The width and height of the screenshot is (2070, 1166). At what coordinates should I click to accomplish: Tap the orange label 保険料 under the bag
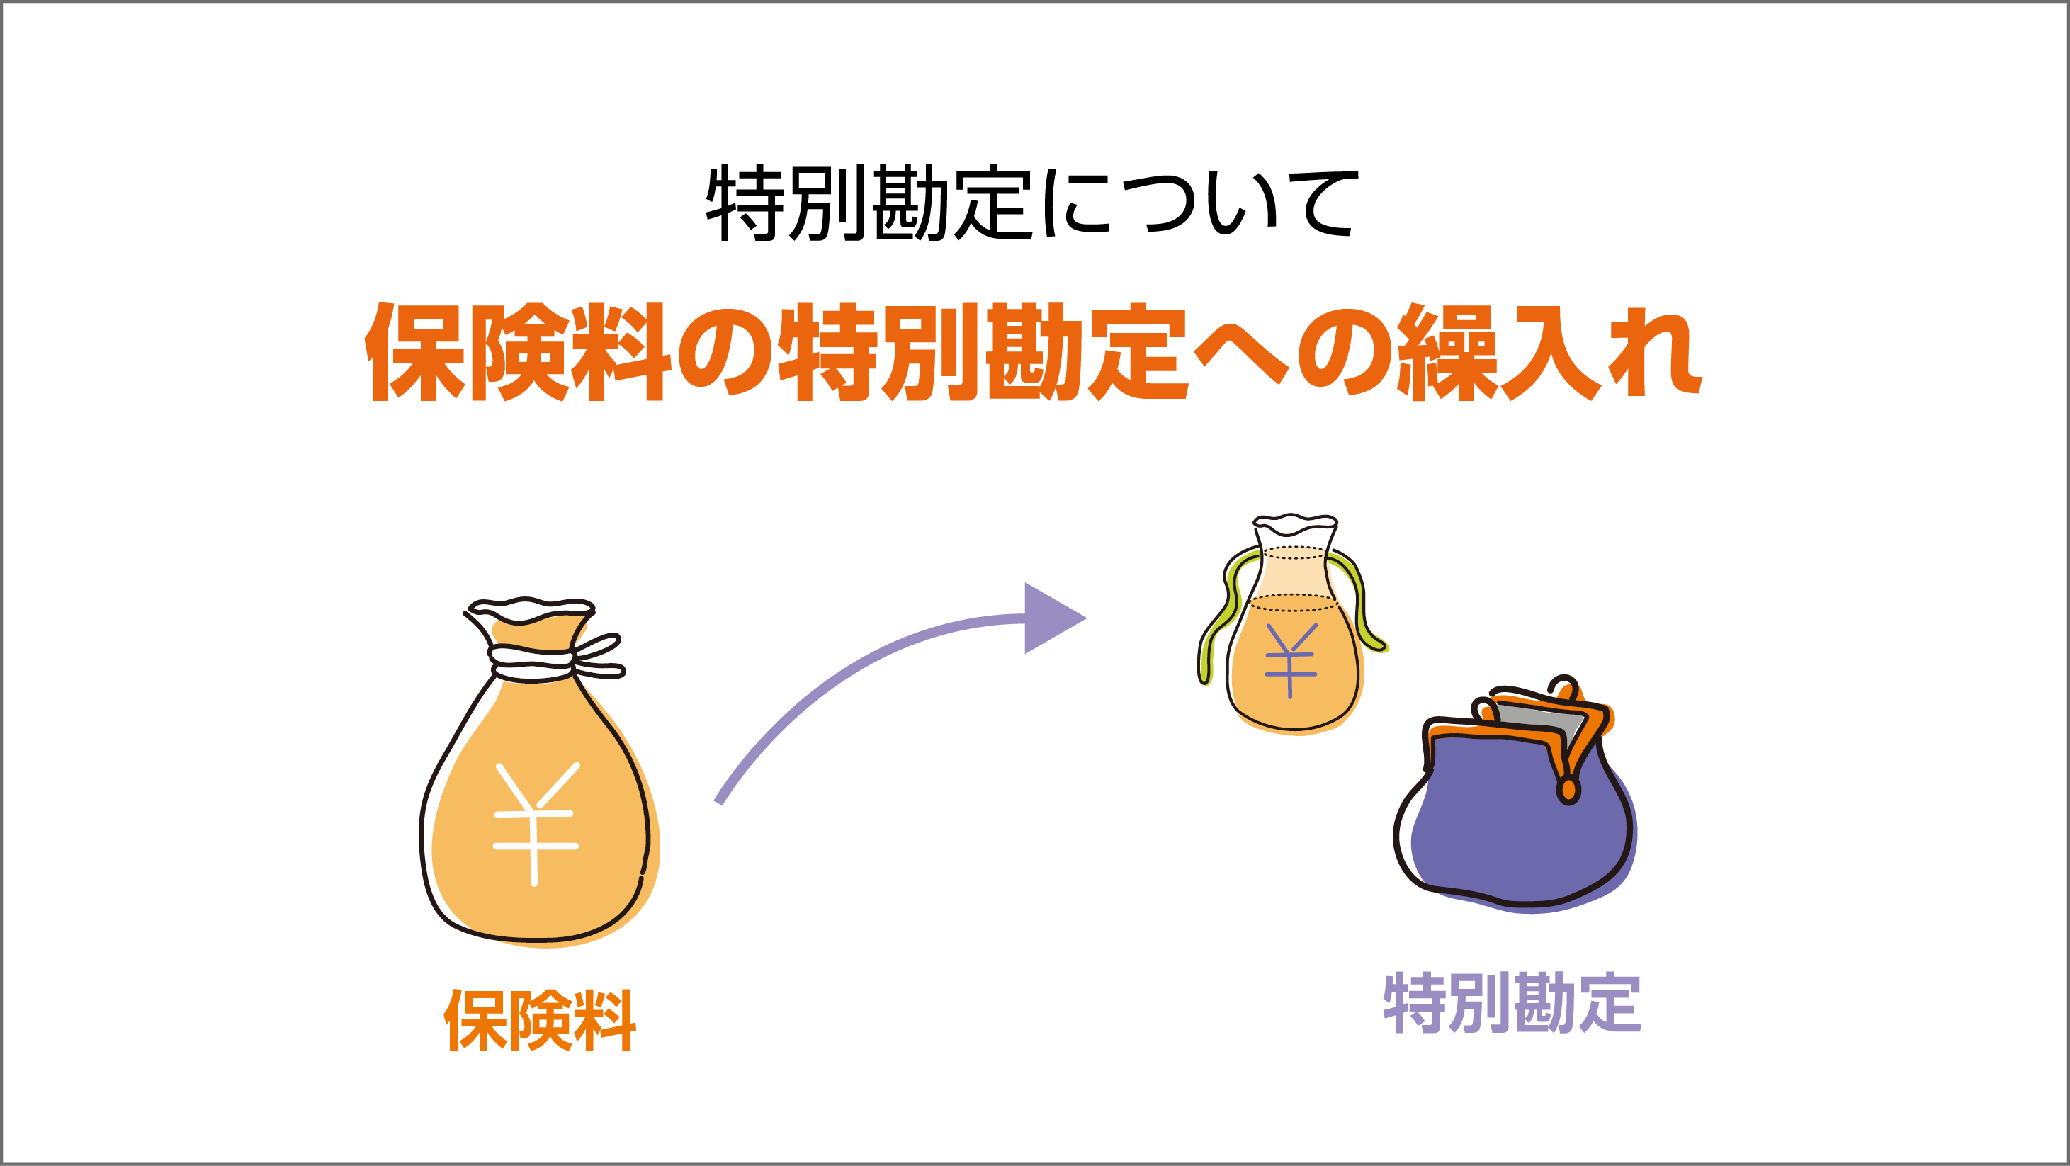pyautogui.click(x=540, y=1021)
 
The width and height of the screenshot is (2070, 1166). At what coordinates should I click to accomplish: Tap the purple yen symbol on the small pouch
pyautogui.click(x=1291, y=659)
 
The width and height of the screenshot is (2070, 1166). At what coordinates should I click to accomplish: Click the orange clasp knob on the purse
pyautogui.click(x=1568, y=791)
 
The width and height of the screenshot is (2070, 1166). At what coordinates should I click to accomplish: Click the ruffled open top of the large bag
pyautogui.click(x=531, y=611)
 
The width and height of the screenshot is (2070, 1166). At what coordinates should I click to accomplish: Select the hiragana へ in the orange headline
pyautogui.click(x=1242, y=353)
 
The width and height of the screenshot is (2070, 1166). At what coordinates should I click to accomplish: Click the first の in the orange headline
pyautogui.click(x=725, y=353)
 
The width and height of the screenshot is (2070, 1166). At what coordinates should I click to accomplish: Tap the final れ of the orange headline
pyautogui.click(x=1656, y=353)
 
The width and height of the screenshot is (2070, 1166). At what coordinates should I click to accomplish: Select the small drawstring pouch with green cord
pyautogui.click(x=1292, y=627)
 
